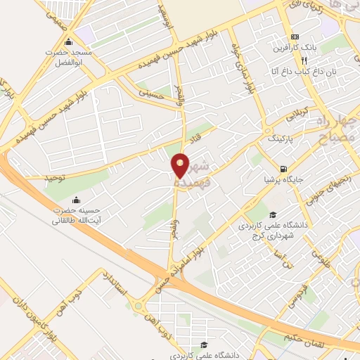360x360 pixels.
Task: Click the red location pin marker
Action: (181, 165)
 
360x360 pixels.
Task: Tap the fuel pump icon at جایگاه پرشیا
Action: (283, 169)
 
